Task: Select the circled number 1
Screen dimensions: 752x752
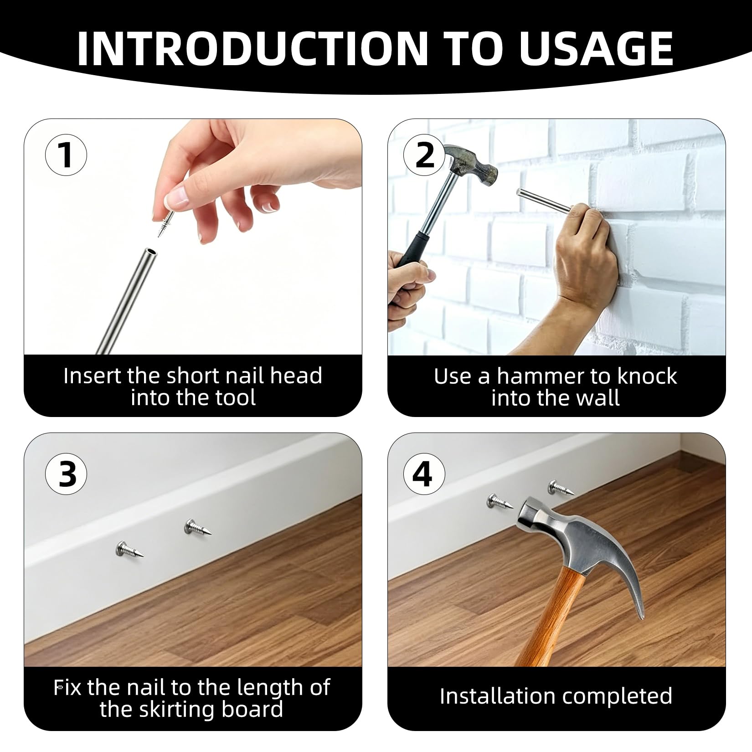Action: pos(66,155)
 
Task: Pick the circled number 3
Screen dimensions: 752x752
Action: pos(66,474)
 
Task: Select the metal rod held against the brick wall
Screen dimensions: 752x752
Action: pos(543,200)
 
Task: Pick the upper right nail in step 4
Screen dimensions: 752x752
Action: pos(559,488)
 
